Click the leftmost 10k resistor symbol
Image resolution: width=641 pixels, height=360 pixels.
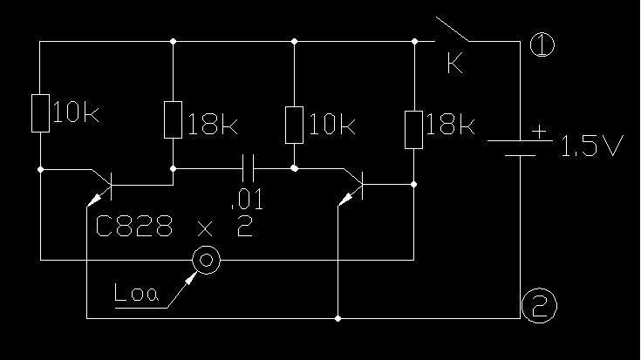click(40, 113)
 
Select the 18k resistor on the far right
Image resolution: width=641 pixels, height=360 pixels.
click(413, 130)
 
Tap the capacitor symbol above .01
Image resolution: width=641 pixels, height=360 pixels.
click(249, 168)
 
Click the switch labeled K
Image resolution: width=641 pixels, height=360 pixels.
click(452, 29)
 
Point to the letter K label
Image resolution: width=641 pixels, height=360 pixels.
click(455, 64)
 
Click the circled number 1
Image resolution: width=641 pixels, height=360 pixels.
click(542, 44)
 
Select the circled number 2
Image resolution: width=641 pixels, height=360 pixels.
click(539, 306)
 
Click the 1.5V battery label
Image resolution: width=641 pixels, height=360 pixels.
click(591, 146)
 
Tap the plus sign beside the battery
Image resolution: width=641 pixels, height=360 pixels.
click(539, 132)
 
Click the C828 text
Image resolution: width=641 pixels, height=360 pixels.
click(133, 226)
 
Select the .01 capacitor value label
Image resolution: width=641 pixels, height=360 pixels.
click(247, 200)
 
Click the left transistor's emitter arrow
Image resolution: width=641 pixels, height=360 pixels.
click(95, 200)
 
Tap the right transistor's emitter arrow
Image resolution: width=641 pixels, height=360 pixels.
click(346, 199)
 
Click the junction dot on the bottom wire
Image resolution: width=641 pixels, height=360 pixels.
click(338, 318)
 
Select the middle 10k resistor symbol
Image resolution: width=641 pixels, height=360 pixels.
click(294, 125)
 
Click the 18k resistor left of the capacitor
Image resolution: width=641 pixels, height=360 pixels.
click(173, 119)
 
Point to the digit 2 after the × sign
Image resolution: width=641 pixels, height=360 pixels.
click(245, 227)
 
